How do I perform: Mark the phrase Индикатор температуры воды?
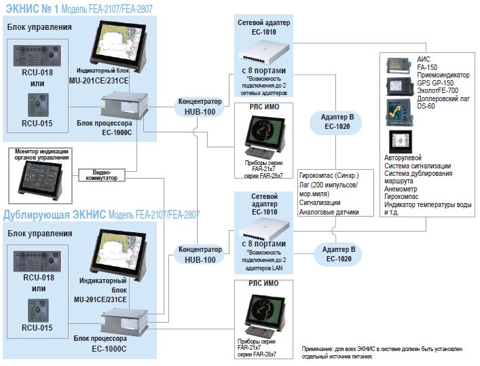click(426, 204)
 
